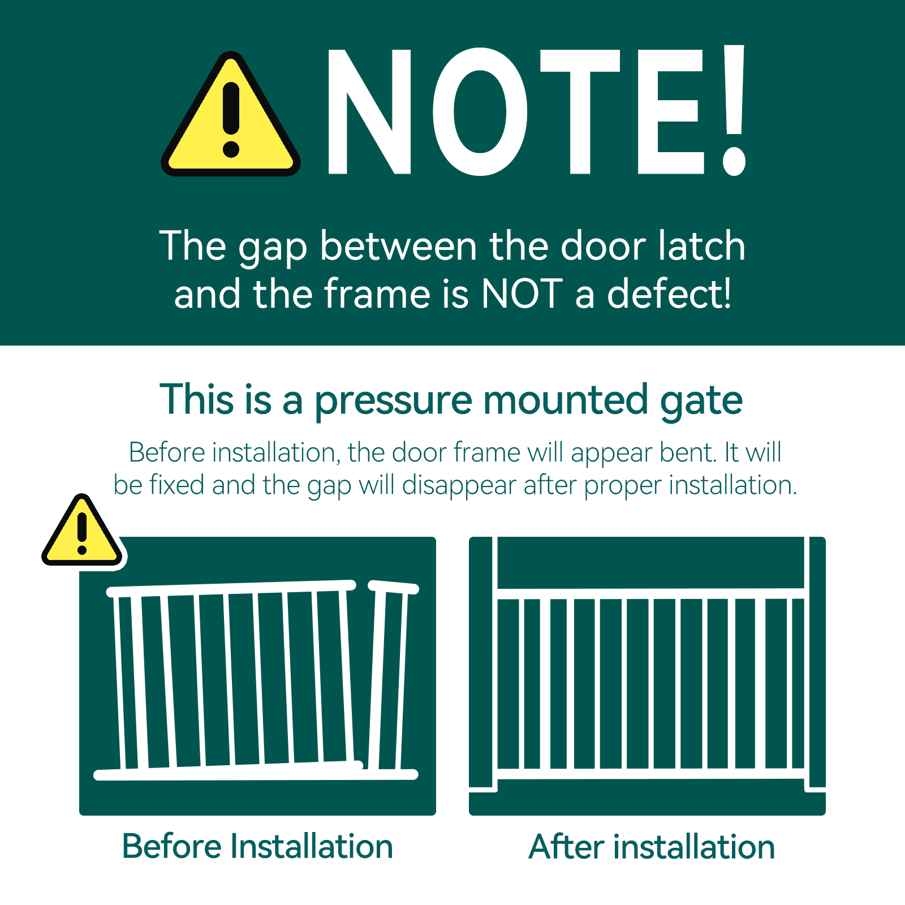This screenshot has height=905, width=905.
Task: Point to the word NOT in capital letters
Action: tap(522, 294)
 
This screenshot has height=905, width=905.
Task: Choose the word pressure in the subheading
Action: tap(393, 400)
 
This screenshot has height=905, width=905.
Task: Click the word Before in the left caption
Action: tap(172, 847)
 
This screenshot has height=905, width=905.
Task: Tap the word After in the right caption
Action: tap(566, 847)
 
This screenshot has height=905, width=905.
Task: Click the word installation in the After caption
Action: tap(694, 847)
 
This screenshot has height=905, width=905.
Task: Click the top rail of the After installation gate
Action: tap(650, 593)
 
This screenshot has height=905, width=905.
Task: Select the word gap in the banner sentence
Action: tap(272, 248)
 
